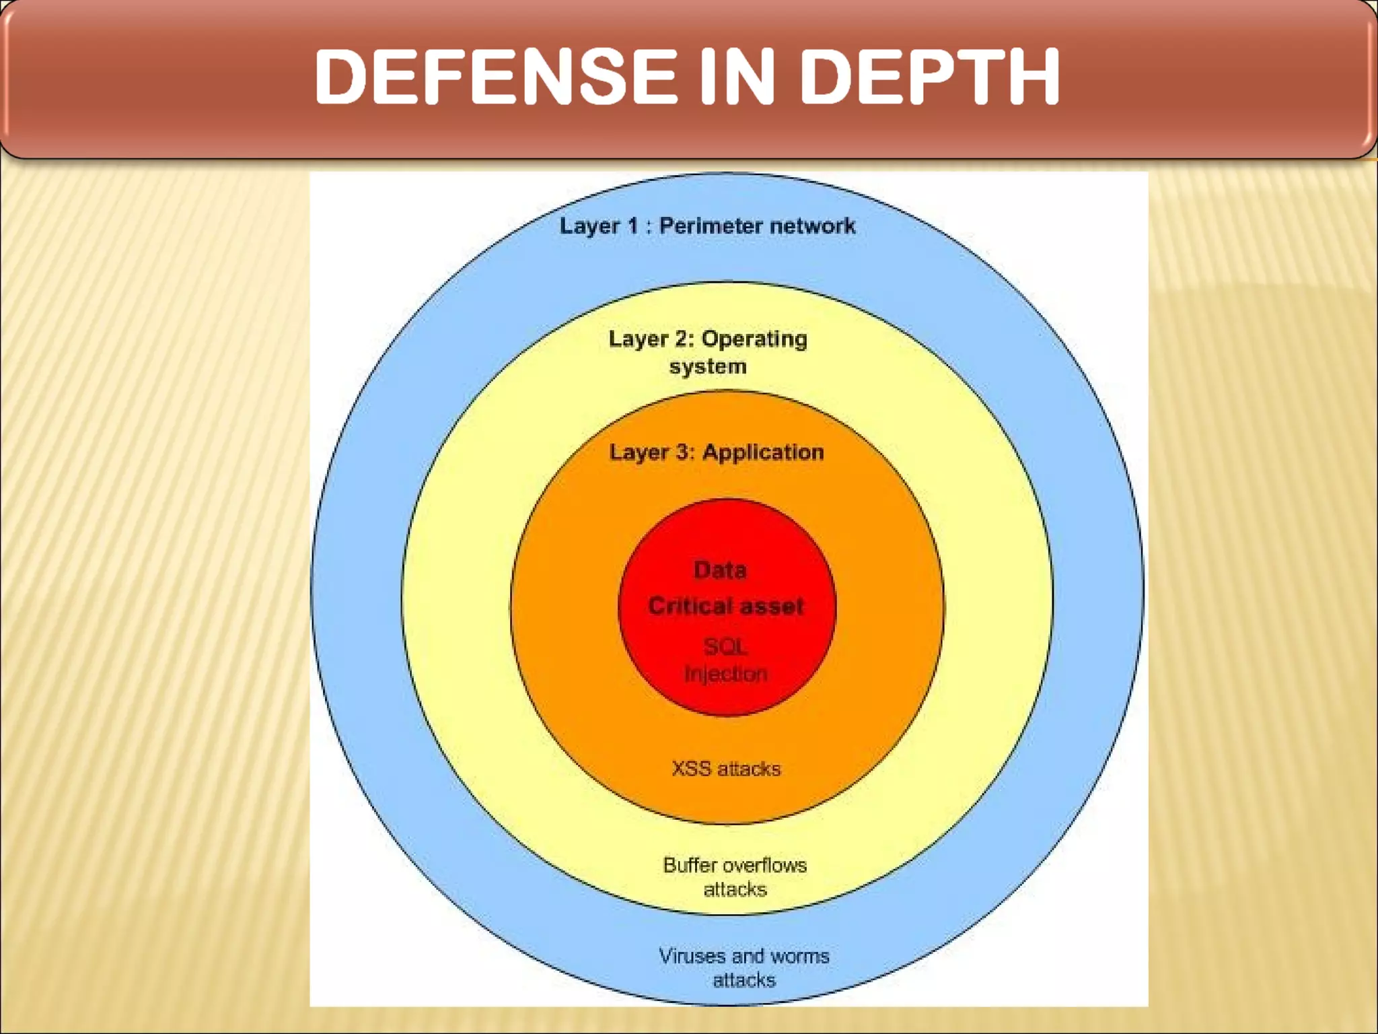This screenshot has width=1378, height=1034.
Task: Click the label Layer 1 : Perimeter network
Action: click(x=707, y=226)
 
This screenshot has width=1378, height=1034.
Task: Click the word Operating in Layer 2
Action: click(x=754, y=339)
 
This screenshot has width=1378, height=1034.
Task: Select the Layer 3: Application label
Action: click(x=716, y=452)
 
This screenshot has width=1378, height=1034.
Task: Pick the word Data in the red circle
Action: click(x=720, y=570)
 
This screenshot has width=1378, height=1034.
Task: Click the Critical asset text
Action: click(x=726, y=606)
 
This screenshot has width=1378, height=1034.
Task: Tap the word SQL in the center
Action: click(x=725, y=647)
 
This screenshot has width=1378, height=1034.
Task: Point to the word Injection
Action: click(x=726, y=674)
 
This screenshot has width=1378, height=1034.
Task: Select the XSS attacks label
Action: click(x=726, y=769)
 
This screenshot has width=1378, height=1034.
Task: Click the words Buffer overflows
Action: click(x=735, y=865)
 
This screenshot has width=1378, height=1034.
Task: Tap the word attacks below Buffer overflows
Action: click(x=735, y=890)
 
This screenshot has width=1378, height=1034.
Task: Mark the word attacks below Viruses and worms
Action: click(x=744, y=980)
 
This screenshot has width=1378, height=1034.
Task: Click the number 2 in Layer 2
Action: click(x=682, y=339)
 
